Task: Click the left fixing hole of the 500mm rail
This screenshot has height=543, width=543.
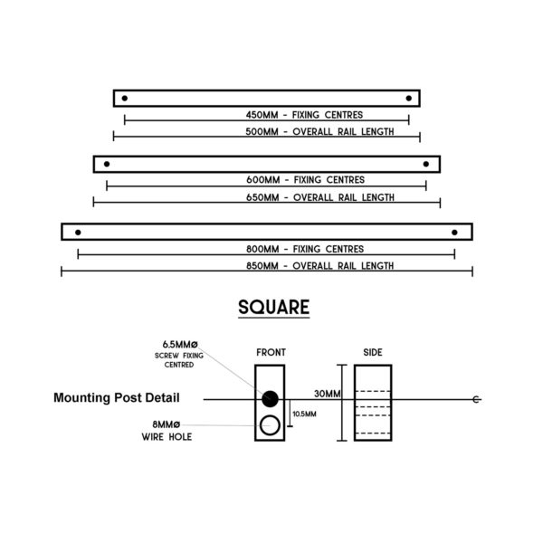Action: click(x=125, y=99)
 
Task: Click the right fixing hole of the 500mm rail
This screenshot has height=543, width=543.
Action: click(x=409, y=99)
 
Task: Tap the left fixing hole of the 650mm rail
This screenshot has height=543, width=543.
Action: click(x=107, y=164)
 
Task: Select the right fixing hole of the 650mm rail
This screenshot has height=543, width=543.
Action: click(x=426, y=164)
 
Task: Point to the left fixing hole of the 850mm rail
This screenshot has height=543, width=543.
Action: click(x=78, y=233)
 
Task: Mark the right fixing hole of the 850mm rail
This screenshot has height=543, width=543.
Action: click(x=454, y=233)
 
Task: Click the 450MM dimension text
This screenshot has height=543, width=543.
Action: click(x=262, y=115)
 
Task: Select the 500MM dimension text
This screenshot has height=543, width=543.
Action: click(x=262, y=132)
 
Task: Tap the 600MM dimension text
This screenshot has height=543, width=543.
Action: click(x=262, y=180)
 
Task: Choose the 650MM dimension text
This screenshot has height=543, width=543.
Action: click(x=262, y=197)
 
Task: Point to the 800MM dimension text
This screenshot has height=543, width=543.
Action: click(x=262, y=250)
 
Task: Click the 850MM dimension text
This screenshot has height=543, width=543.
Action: click(x=262, y=266)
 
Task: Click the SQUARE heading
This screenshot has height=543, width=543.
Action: click(x=274, y=307)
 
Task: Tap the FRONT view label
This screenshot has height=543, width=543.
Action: click(x=271, y=353)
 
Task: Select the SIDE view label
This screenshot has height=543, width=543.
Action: click(x=373, y=353)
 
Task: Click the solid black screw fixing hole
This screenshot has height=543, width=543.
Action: click(x=270, y=399)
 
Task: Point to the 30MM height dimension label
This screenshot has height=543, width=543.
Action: click(x=328, y=394)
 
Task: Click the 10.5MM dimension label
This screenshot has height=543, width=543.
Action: click(x=304, y=414)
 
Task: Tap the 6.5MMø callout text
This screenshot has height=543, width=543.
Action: click(x=180, y=345)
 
